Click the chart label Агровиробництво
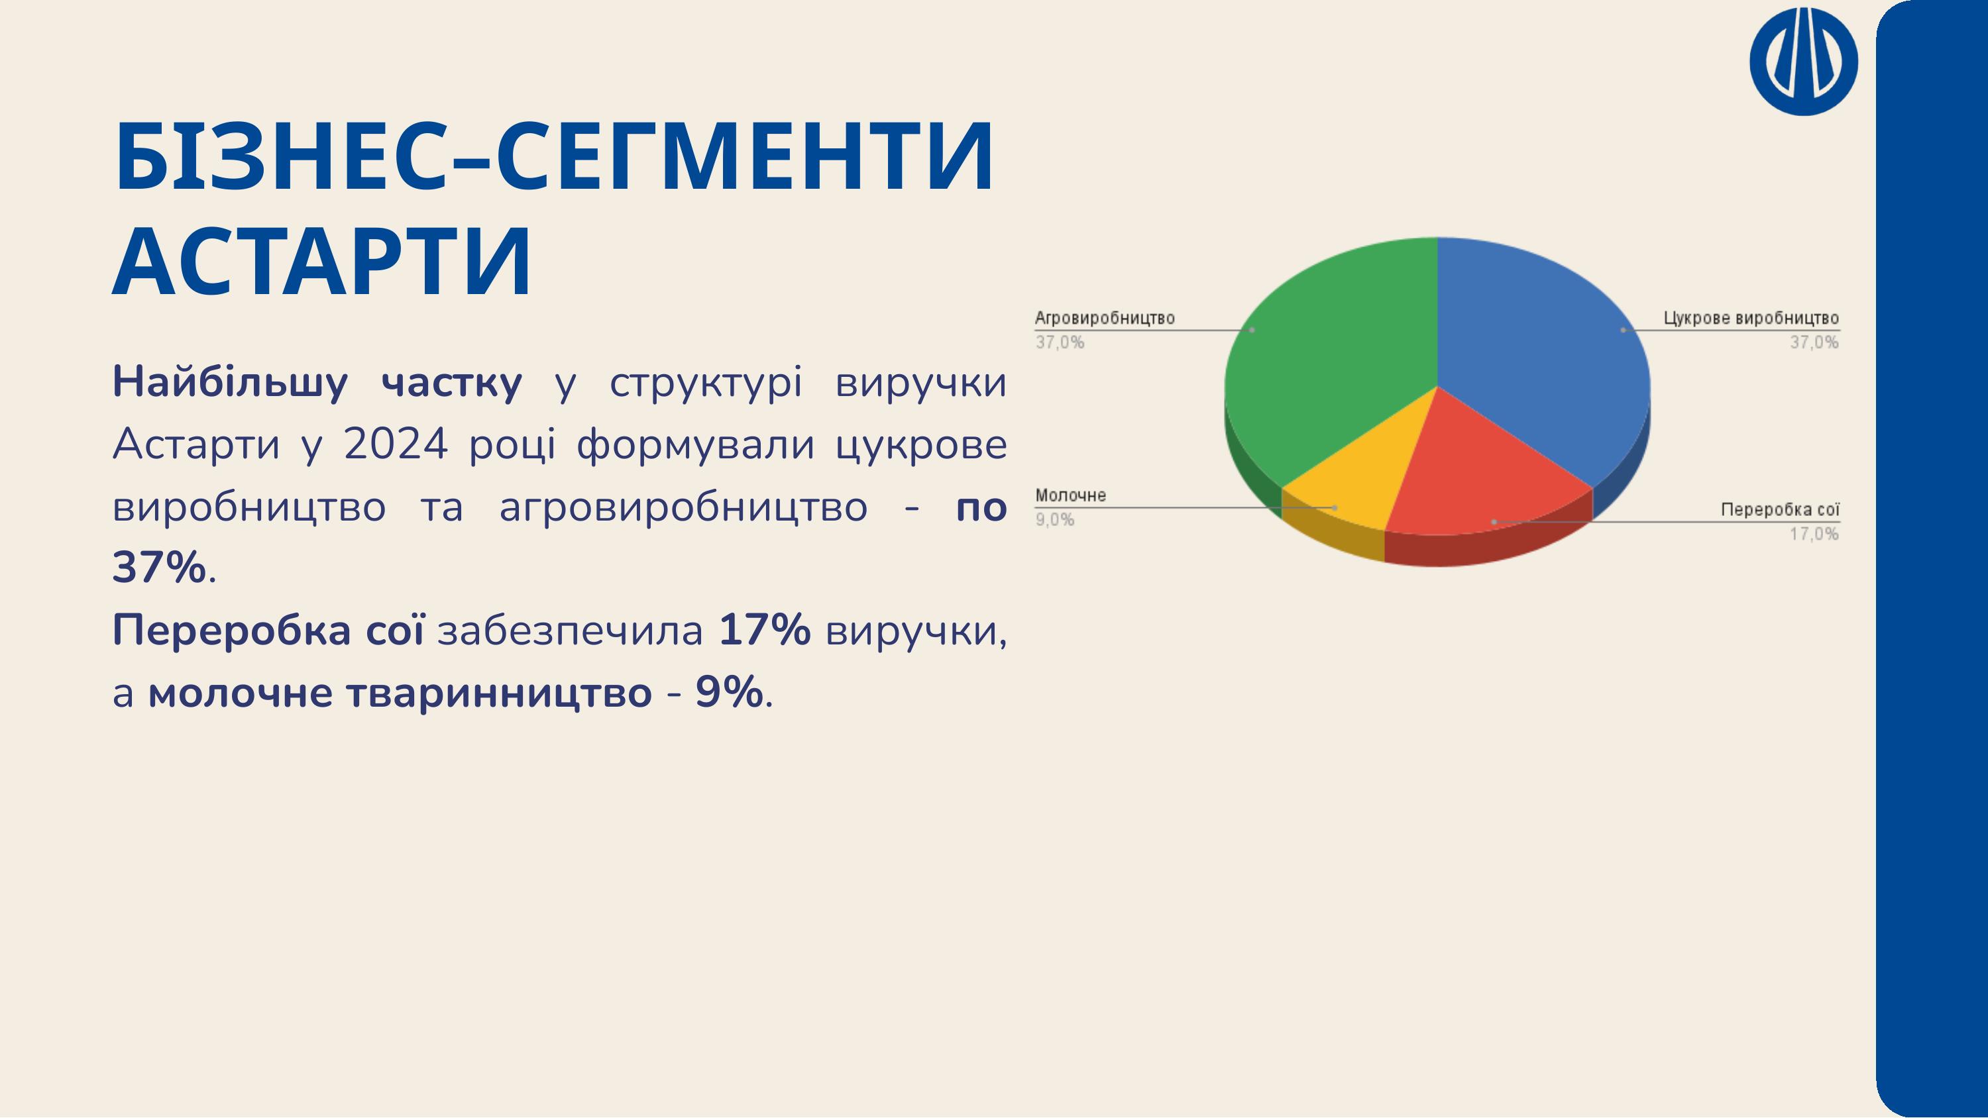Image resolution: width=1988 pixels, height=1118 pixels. (x=1105, y=318)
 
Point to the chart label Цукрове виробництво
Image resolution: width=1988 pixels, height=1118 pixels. (x=1751, y=318)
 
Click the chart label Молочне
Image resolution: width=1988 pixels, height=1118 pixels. (x=1070, y=495)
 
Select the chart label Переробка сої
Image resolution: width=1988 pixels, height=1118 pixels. (x=1781, y=510)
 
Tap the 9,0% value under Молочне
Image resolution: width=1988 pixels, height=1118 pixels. (x=1054, y=520)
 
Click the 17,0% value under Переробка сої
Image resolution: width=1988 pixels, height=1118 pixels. (x=1814, y=533)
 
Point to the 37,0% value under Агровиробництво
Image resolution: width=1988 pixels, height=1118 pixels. (x=1060, y=342)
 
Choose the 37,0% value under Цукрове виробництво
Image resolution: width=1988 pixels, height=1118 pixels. (x=1814, y=342)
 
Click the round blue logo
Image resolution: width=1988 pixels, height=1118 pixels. (x=1804, y=61)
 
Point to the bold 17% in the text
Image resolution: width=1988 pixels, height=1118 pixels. (x=765, y=631)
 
